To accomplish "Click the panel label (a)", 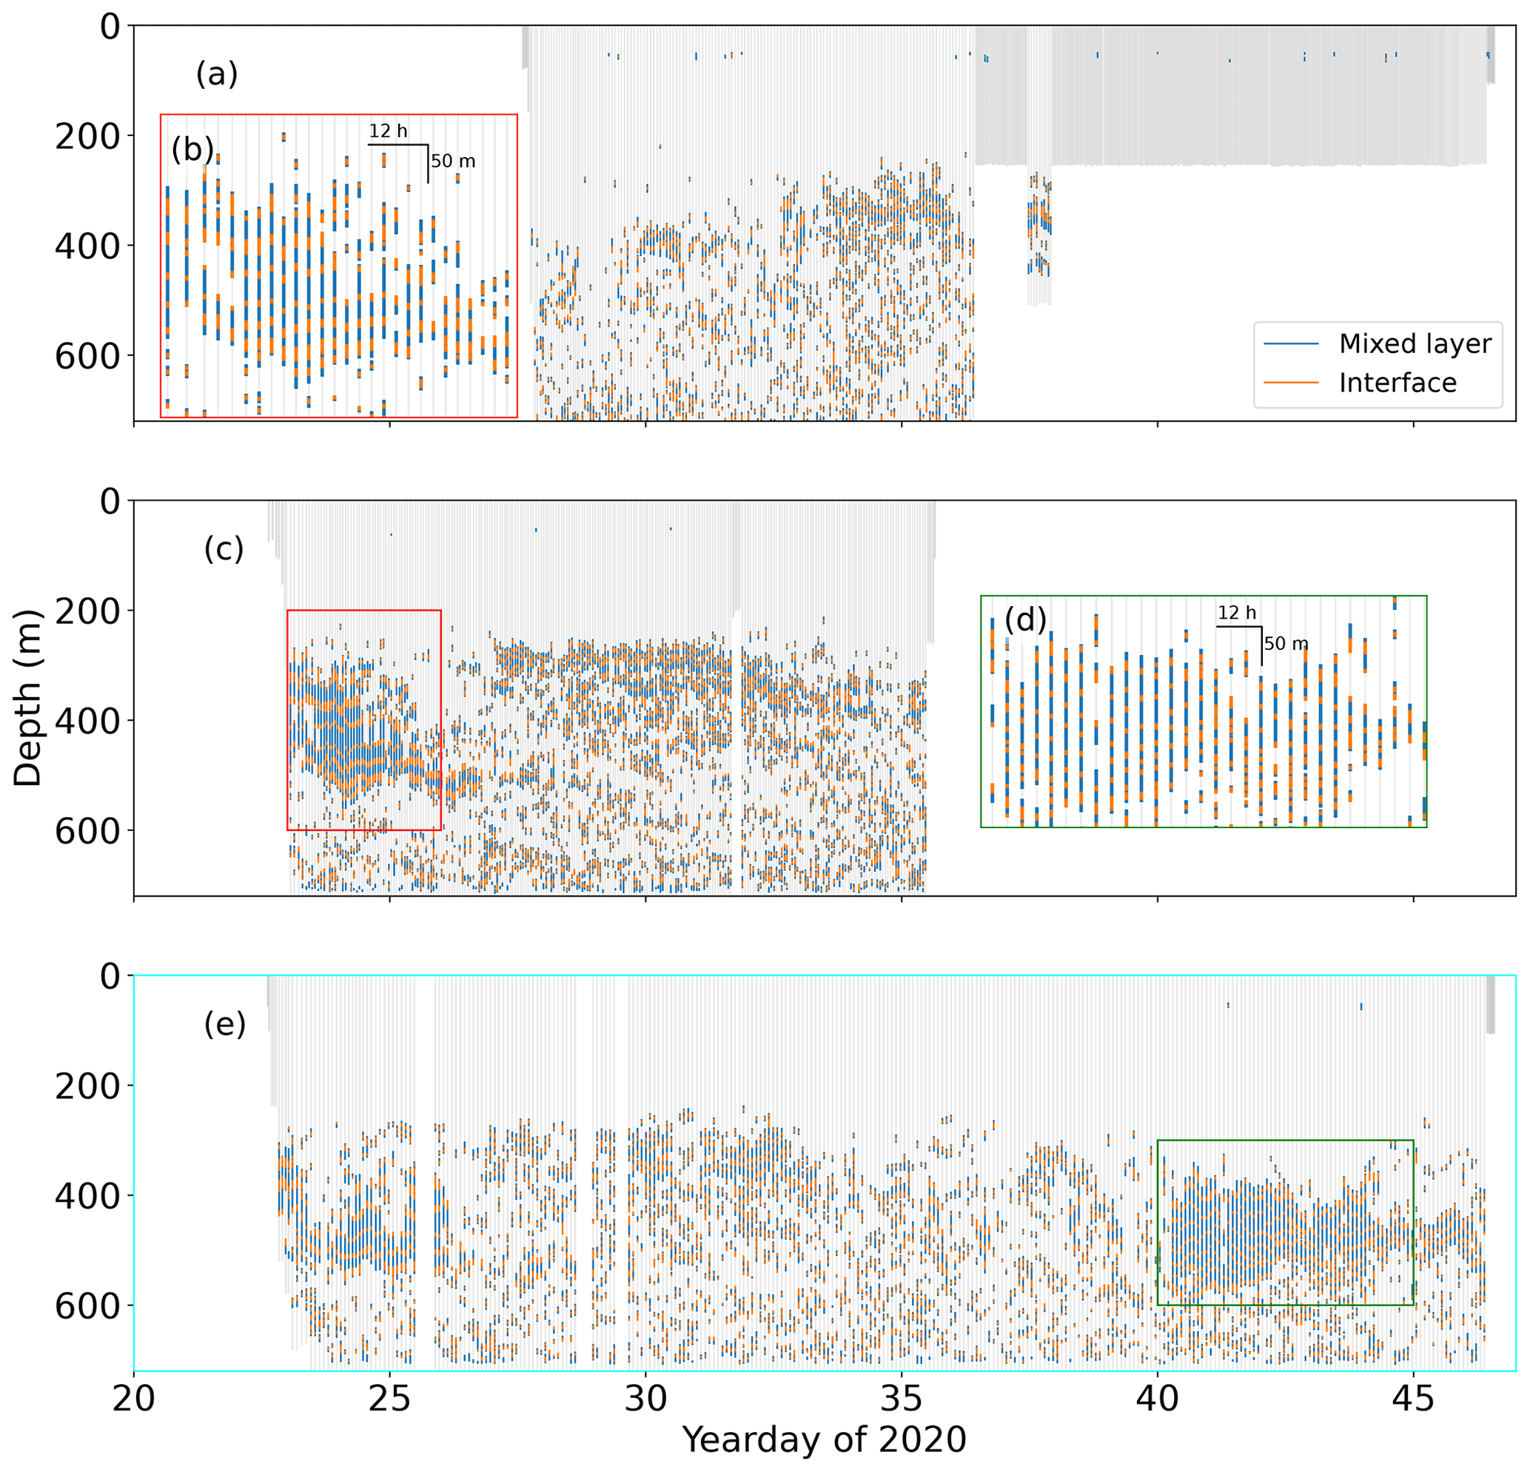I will pyautogui.click(x=216, y=75).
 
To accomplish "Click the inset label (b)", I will pyautogui.click(x=192, y=149).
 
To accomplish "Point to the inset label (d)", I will pyautogui.click(x=1025, y=619).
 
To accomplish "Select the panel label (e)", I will pyautogui.click(x=224, y=1024).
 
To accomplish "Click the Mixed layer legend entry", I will pyautogui.click(x=1415, y=343).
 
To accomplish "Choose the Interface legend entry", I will pyautogui.click(x=1398, y=383).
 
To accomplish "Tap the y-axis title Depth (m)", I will pyautogui.click(x=28, y=698).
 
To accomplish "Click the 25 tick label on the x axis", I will pyautogui.click(x=389, y=1399).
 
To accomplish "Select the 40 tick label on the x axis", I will pyautogui.click(x=1158, y=1399).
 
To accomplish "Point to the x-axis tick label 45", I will pyautogui.click(x=1414, y=1399).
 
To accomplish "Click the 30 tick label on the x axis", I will pyautogui.click(x=645, y=1399).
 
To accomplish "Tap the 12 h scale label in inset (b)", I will pyautogui.click(x=388, y=131).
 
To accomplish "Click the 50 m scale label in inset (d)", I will pyautogui.click(x=1286, y=644).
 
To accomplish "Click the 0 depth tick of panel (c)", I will pyautogui.click(x=110, y=501).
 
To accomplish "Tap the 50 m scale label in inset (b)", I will pyautogui.click(x=453, y=161).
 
